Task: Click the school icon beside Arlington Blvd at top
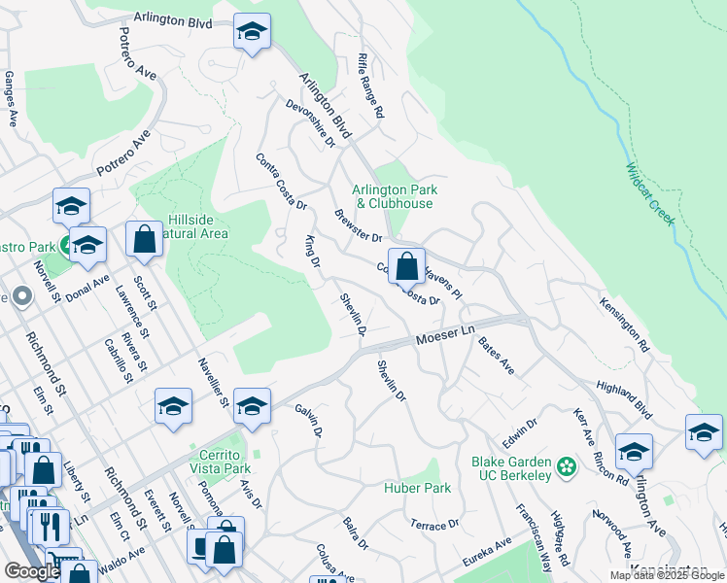tap(252, 34)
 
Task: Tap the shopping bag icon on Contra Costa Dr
tap(406, 264)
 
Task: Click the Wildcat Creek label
tap(648, 193)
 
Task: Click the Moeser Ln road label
tap(444, 338)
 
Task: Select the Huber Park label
tap(417, 488)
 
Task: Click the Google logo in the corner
tap(32, 571)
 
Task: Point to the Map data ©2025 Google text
tap(667, 575)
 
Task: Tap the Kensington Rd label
tap(625, 324)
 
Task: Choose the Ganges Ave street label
tap(11, 99)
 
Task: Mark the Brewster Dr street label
tap(358, 226)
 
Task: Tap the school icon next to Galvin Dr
tap(252, 407)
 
